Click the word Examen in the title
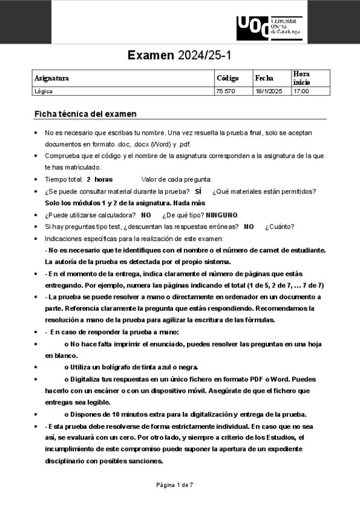(x=151, y=56)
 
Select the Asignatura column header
(x=52, y=78)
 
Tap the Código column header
(x=227, y=78)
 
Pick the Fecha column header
(x=264, y=78)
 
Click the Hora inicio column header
(x=301, y=78)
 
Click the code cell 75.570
(x=225, y=91)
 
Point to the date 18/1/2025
(x=268, y=91)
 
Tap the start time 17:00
(x=301, y=91)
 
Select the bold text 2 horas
(x=99, y=179)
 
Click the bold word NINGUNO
(x=222, y=215)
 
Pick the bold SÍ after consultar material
(x=198, y=191)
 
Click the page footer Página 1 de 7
(x=174, y=484)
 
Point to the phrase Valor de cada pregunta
(x=176, y=179)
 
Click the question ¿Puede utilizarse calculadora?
(x=90, y=215)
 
